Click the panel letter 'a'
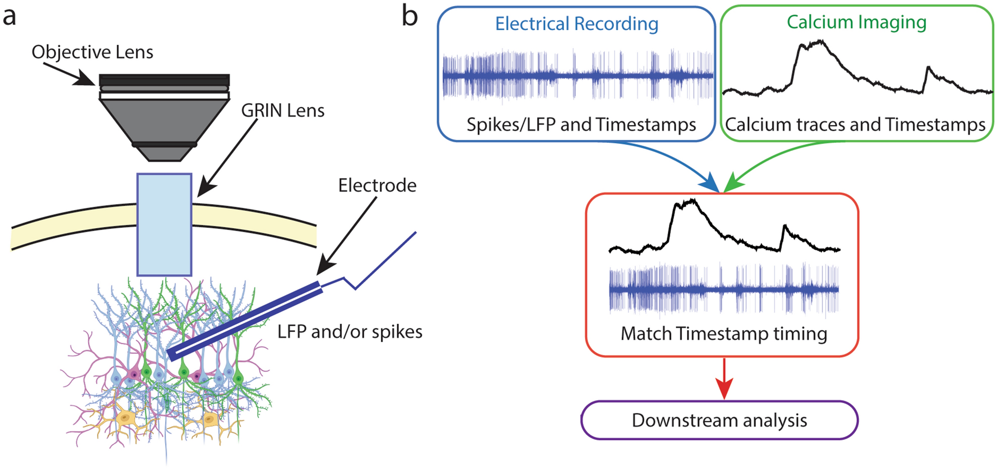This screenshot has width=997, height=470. point(10,17)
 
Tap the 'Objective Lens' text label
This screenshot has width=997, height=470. point(92,52)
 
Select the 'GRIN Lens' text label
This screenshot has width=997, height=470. point(282,111)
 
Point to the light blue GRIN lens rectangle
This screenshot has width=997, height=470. point(164,224)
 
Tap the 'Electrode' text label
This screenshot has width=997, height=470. point(377,185)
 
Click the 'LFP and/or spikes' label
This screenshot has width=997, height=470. point(350,332)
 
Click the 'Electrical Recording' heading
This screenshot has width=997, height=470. point(576,24)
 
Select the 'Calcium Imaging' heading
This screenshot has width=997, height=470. point(856,22)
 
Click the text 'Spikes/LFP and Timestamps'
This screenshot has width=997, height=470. point(581,125)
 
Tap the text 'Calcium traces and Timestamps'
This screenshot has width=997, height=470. point(855,125)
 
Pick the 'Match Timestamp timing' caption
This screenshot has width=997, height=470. point(724,334)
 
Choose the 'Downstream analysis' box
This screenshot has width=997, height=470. point(719,420)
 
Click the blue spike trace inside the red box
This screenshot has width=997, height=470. point(724,290)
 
